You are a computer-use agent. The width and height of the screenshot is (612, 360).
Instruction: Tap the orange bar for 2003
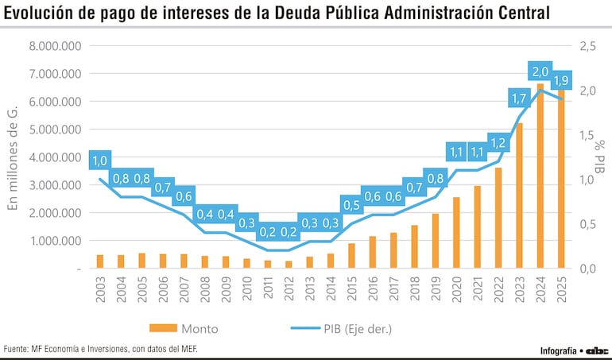[100, 261]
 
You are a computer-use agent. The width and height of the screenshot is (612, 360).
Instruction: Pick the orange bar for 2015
[351, 256]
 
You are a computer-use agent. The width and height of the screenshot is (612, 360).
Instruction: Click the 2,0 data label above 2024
[540, 72]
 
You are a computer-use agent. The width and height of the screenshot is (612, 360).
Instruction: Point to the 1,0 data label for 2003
[100, 161]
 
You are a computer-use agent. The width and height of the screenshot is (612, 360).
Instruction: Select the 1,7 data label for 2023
[520, 99]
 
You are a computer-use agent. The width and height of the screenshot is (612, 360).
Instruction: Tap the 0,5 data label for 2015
[351, 206]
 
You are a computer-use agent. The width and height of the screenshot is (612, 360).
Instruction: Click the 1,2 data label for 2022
[498, 144]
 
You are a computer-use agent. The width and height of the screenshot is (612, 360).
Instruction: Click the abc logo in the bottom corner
[597, 350]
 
